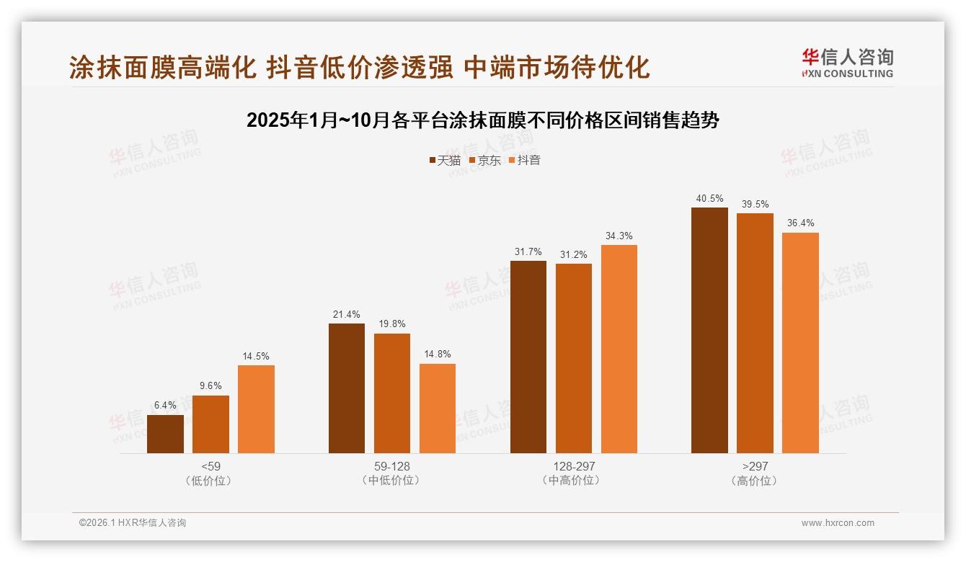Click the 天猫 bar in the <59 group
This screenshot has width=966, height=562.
coord(165,434)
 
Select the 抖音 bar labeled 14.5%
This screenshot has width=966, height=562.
coord(256,409)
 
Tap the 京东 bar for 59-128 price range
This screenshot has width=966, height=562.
coord(392,393)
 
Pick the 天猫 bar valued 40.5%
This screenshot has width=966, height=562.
coord(709,330)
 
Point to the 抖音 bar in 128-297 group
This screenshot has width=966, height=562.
coord(619,349)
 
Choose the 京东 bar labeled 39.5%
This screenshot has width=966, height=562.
coord(755,333)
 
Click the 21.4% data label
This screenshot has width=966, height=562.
coord(347,314)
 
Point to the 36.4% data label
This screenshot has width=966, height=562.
coord(800,223)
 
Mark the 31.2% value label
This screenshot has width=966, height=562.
coord(573,254)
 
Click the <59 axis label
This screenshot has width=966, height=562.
coord(211,466)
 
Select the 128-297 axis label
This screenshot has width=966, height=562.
coord(574,466)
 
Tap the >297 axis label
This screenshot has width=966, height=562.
coord(755,466)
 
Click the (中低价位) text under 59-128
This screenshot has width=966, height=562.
coord(392,481)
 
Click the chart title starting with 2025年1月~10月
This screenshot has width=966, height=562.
coord(482,120)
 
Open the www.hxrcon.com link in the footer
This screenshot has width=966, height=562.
coord(837,523)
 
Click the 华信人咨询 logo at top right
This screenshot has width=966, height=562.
coord(847,63)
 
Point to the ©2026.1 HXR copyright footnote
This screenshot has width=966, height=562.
coord(133,523)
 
